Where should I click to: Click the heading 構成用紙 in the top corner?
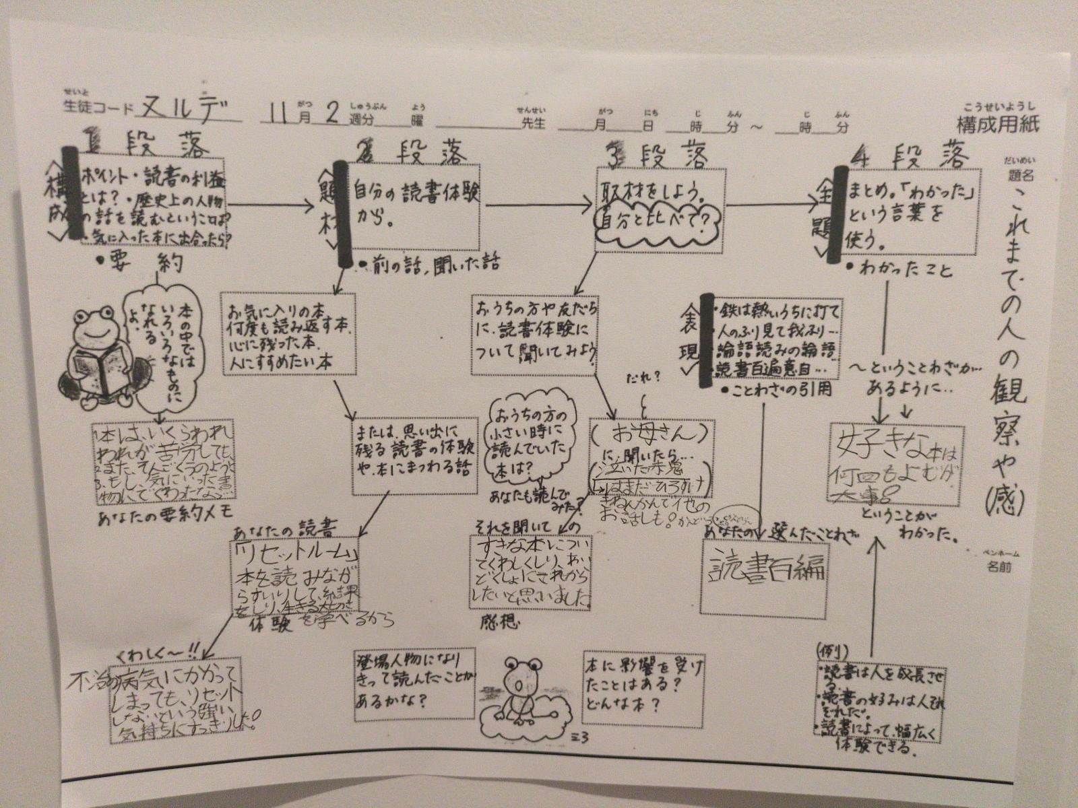pyautogui.click(x=998, y=124)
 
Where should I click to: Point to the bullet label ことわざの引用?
pyautogui.click(x=775, y=390)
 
